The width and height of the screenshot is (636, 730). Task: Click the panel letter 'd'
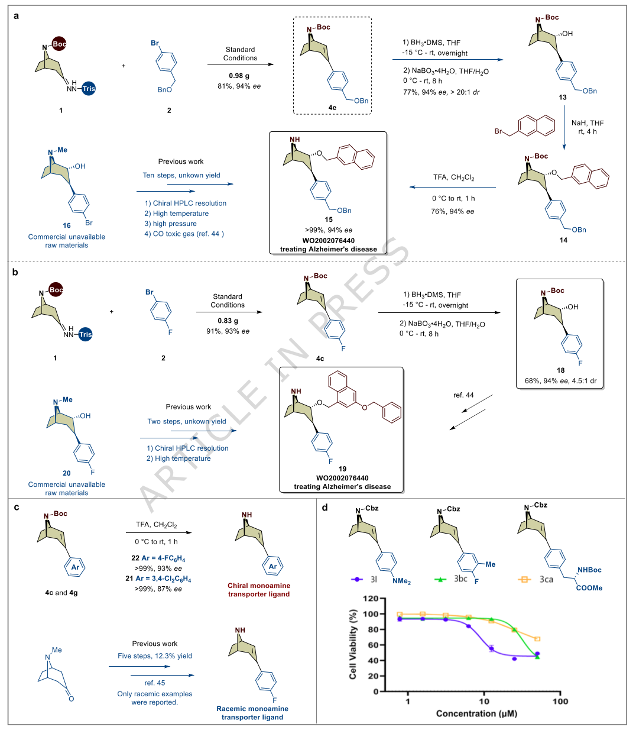[325, 508]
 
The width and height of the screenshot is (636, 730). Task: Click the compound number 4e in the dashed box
[332, 108]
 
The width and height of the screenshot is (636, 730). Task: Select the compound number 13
[563, 97]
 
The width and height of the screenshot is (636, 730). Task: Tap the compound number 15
[329, 219]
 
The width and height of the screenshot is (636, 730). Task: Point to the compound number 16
[67, 225]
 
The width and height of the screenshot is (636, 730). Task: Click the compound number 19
[342, 469]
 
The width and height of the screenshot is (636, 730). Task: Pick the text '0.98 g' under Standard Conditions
[239, 76]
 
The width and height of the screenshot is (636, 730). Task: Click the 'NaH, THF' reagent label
[588, 123]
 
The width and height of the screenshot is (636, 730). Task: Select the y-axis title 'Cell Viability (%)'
[353, 645]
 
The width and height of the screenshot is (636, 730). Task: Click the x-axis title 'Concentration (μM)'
[476, 713]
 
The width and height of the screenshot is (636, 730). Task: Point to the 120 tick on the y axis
[371, 599]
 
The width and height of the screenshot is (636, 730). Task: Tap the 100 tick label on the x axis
[560, 702]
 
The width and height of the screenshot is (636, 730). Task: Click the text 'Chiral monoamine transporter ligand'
[259, 590]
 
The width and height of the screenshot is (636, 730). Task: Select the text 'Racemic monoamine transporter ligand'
[252, 713]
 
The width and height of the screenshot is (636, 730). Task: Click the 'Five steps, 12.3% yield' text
[155, 655]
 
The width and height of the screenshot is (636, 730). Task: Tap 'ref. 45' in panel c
[155, 683]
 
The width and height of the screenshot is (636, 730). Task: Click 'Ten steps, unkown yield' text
[181, 175]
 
